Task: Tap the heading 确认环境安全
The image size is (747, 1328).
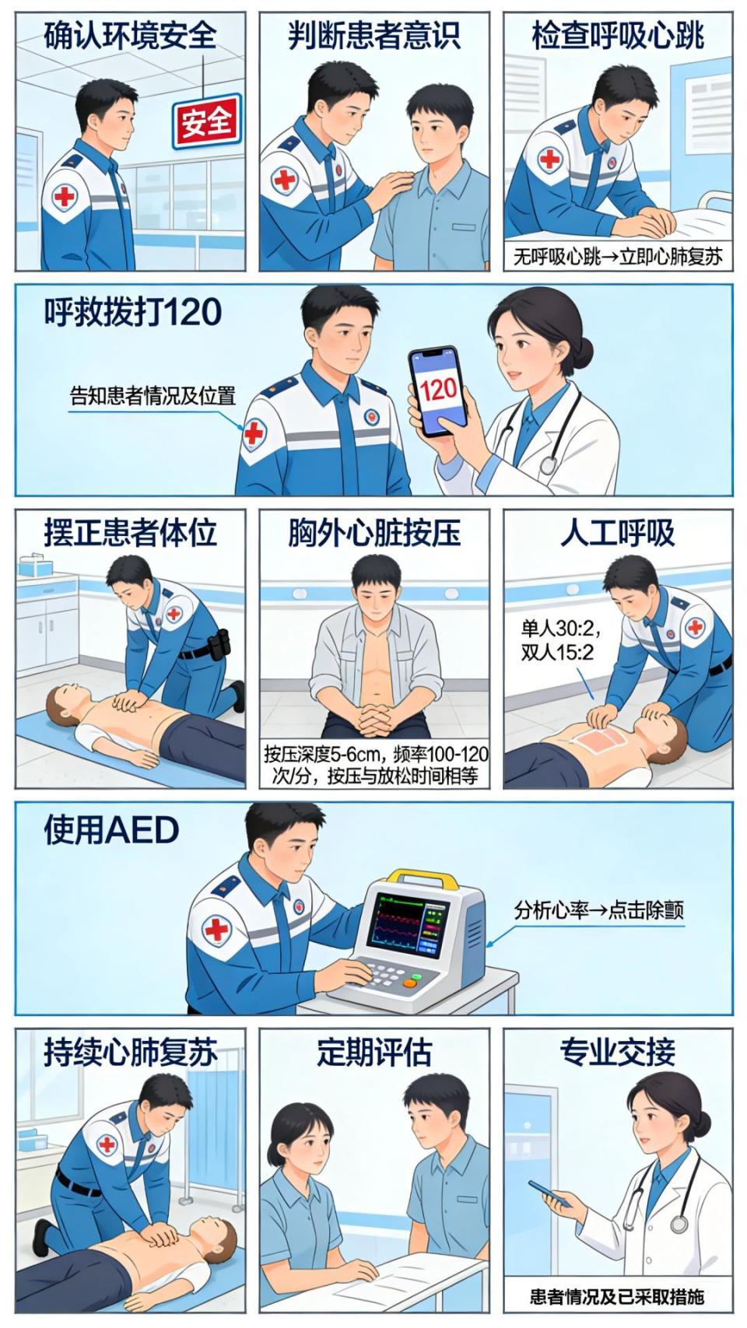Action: pyautogui.click(x=131, y=36)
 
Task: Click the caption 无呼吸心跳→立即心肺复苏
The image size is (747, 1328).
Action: pyautogui.click(x=618, y=257)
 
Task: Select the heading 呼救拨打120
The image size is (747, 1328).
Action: pyautogui.click(x=133, y=311)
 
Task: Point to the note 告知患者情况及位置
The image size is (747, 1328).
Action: pyautogui.click(x=153, y=395)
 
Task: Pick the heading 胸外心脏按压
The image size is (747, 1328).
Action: pyautogui.click(x=375, y=532)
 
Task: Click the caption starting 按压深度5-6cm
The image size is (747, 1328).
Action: pyautogui.click(x=376, y=765)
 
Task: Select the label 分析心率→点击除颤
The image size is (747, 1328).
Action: pyautogui.click(x=599, y=910)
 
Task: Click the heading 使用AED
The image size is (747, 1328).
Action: pyautogui.click(x=111, y=831)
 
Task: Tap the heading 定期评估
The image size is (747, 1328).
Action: pyautogui.click(x=375, y=1052)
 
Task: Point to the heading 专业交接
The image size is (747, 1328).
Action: pyautogui.click(x=618, y=1052)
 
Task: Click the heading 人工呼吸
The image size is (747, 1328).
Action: pyautogui.click(x=618, y=532)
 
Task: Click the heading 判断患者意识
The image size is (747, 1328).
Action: pyautogui.click(x=375, y=36)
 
